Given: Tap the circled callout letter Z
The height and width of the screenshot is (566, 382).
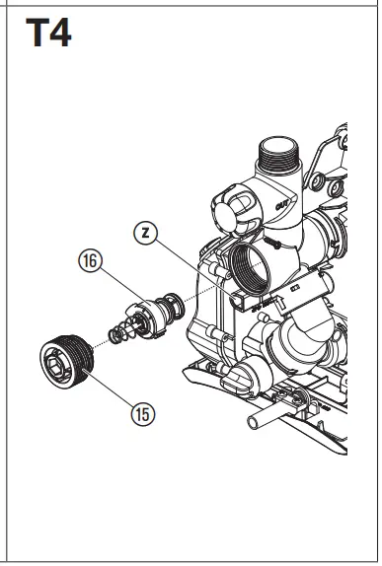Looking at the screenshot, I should click(x=145, y=234).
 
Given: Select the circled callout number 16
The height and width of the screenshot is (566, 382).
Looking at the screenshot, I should click(x=91, y=261).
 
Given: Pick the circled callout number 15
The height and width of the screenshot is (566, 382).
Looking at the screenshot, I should click(x=143, y=414).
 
